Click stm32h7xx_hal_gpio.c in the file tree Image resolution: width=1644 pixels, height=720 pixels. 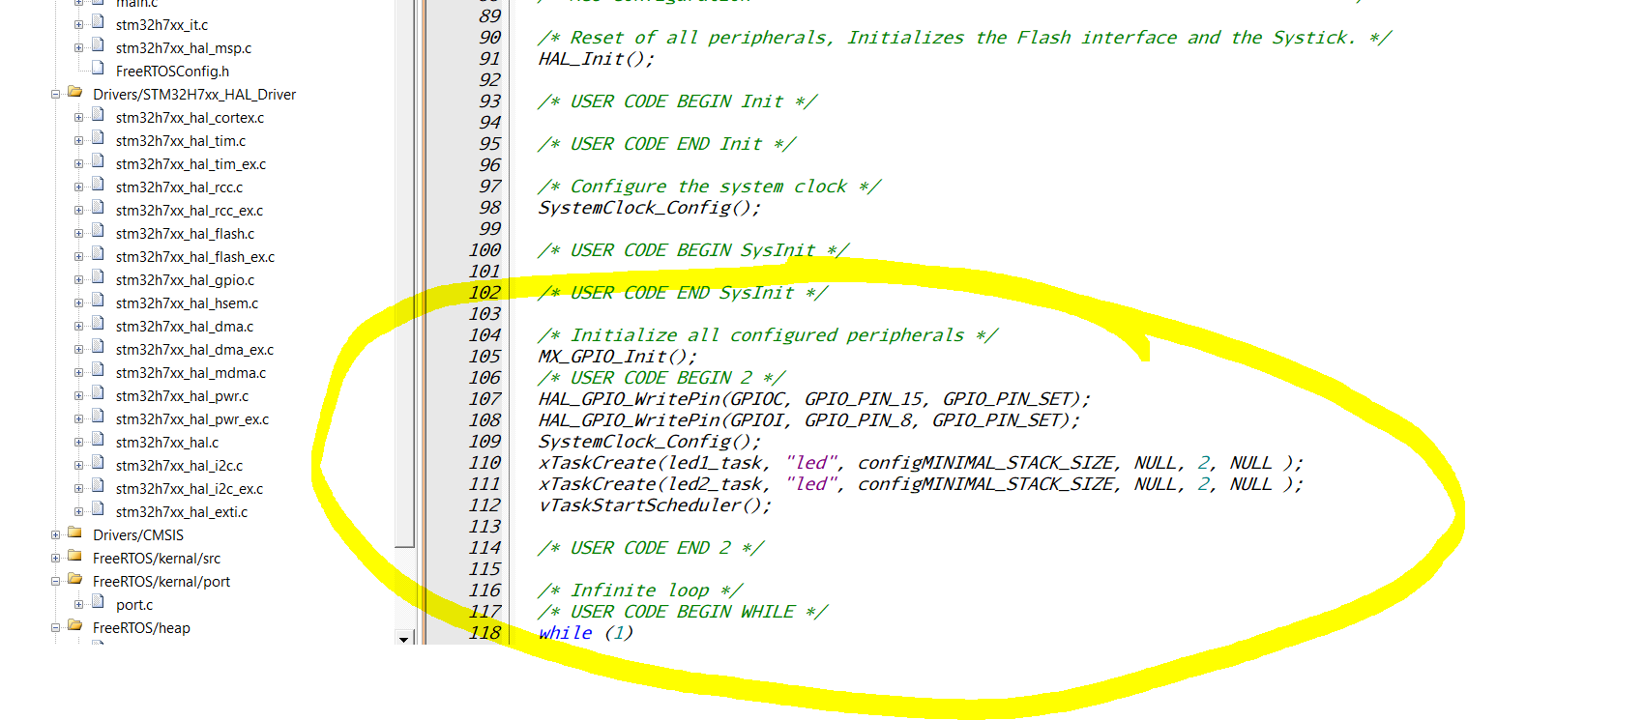point(185,280)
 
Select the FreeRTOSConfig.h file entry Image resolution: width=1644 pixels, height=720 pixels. point(172,72)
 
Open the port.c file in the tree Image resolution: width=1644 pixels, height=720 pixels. point(134,605)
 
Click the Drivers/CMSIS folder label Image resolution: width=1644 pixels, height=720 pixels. point(137,535)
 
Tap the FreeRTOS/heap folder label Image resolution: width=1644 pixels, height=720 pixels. point(141,628)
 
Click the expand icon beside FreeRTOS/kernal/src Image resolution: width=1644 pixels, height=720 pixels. point(56,559)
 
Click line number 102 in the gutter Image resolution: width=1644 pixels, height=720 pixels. point(484,293)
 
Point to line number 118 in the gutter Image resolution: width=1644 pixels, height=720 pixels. point(484,633)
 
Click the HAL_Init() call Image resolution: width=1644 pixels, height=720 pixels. point(596,59)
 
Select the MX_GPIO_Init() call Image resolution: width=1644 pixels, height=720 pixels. point(617,357)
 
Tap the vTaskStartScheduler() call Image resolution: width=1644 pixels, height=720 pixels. point(655,505)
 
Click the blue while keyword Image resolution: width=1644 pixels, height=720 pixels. point(565,633)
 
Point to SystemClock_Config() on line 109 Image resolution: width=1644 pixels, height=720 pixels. point(649,442)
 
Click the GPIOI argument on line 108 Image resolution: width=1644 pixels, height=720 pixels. point(759,420)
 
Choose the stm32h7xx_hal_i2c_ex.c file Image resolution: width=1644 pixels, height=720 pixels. point(189,489)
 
